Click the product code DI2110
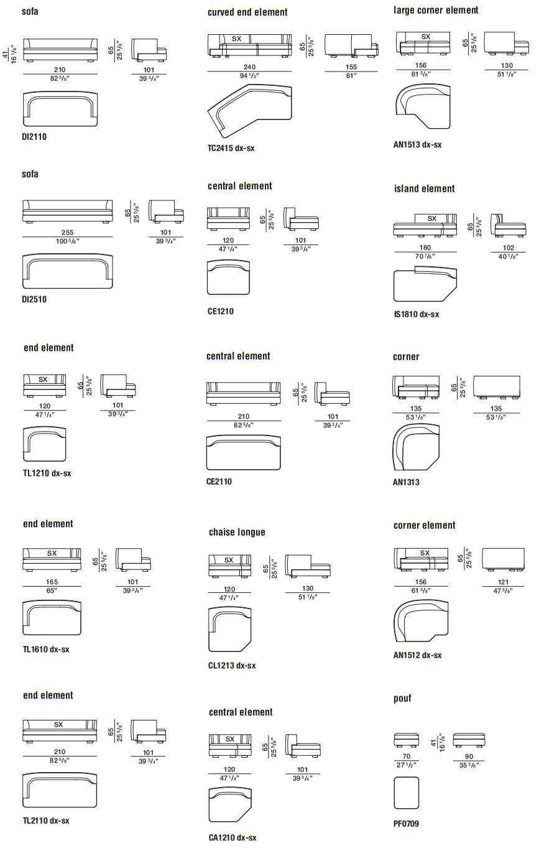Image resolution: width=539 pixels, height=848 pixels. pyautogui.click(x=34, y=137)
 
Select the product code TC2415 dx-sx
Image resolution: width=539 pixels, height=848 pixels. pyautogui.click(x=231, y=148)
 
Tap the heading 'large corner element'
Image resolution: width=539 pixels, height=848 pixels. pyautogui.click(x=436, y=10)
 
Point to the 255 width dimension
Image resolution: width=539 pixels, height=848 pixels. pyautogui.click(x=67, y=233)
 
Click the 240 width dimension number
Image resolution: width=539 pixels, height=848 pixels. pyautogui.click(x=249, y=67)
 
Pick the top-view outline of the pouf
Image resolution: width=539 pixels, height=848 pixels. pyautogui.click(x=406, y=793)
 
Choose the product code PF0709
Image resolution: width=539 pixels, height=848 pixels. pyautogui.click(x=406, y=823)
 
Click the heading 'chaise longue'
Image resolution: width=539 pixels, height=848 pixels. pyautogui.click(x=237, y=533)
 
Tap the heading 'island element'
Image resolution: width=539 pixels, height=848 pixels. pyautogui.click(x=425, y=189)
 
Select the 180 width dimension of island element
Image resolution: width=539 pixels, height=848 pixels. pyautogui.click(x=425, y=248)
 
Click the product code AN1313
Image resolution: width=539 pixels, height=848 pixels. pyautogui.click(x=406, y=482)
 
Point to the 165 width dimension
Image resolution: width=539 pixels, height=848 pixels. pyautogui.click(x=52, y=582)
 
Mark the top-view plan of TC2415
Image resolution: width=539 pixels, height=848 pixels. pyautogui.click(x=250, y=111)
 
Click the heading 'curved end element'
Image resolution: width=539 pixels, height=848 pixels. pyautogui.click(x=247, y=12)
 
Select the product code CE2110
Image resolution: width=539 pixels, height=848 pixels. pyautogui.click(x=219, y=482)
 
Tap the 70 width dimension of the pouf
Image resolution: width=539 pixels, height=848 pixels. pyautogui.click(x=406, y=757)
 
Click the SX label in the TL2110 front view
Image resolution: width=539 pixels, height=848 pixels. pyautogui.click(x=58, y=724)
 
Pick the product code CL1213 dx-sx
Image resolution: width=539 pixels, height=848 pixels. pyautogui.click(x=232, y=665)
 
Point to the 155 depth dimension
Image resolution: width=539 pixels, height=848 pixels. pyautogui.click(x=351, y=67)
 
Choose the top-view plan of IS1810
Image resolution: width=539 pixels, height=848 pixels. pyautogui.click(x=425, y=284)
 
